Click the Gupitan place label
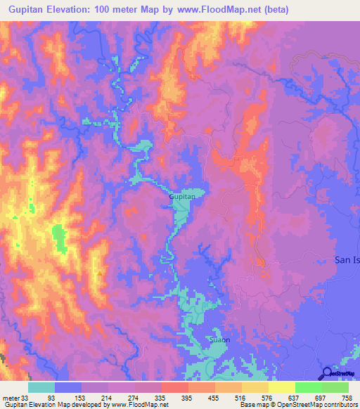click(x=181, y=198)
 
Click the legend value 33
click(x=27, y=397)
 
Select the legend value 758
click(x=347, y=397)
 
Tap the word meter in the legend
click(x=11, y=397)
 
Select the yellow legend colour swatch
click(x=281, y=387)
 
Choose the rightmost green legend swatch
click(x=335, y=387)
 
